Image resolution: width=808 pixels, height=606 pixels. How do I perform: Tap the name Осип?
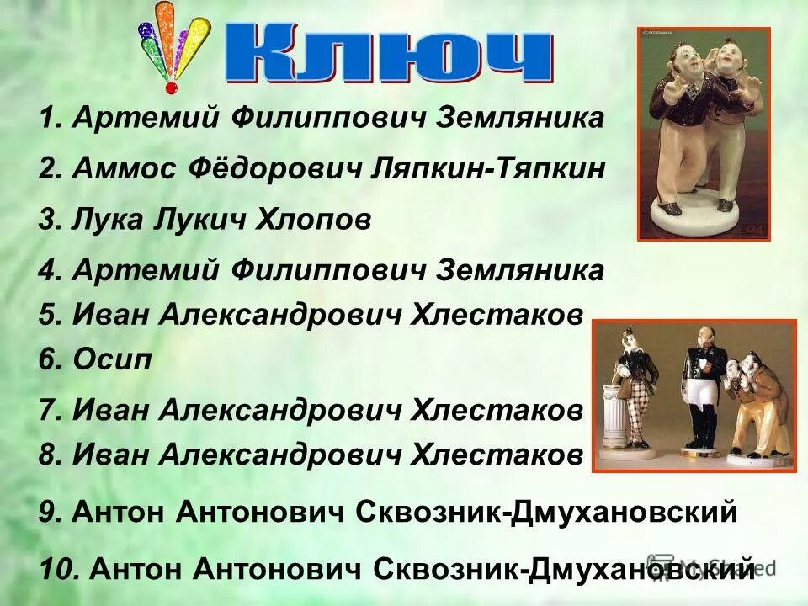coord(112,360)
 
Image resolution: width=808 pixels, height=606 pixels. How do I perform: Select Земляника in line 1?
coord(519,119)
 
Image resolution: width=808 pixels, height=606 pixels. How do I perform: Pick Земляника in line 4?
coord(519,270)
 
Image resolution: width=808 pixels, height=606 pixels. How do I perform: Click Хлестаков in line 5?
coord(496,315)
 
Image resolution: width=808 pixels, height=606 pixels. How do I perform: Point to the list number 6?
coord(50,360)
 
